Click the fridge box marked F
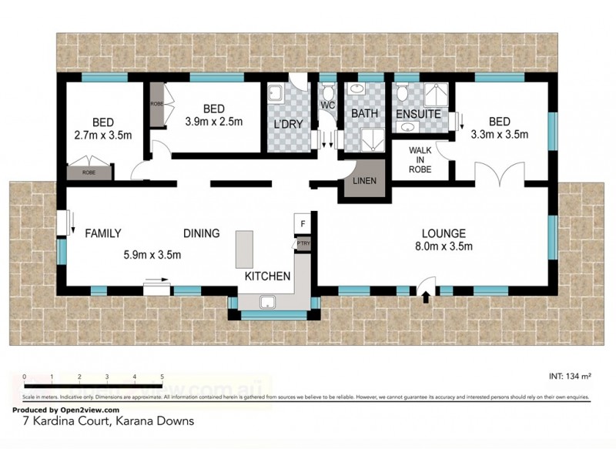tap(303, 224)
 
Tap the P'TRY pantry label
tap(303, 243)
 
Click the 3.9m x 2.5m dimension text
tap(213, 121)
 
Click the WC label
tap(327, 105)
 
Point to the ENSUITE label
tap(418, 114)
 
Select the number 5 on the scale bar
tap(162, 377)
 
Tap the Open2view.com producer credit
tap(65, 410)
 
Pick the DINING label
tap(201, 233)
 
